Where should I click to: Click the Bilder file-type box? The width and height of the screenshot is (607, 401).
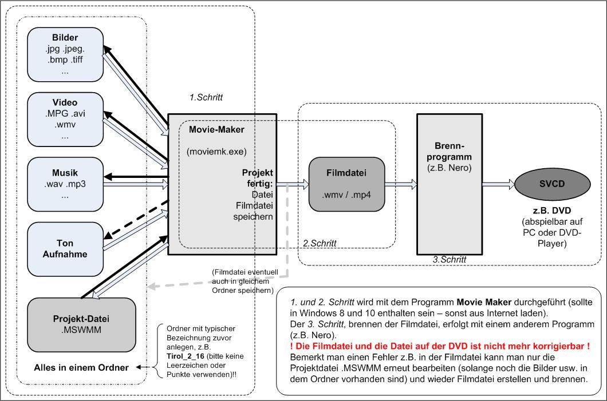coord(65,55)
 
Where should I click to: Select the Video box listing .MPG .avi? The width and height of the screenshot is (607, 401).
coord(65,120)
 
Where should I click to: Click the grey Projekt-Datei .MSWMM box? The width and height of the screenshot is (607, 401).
coord(81,324)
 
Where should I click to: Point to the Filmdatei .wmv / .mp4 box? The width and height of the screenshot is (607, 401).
coord(346,184)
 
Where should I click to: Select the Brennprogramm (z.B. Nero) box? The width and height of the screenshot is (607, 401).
coord(449,183)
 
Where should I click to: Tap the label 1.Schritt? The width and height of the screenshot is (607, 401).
coord(206,97)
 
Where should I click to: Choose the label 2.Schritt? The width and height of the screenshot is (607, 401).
coord(319,243)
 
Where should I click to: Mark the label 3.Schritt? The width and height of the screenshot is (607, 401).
coord(450,259)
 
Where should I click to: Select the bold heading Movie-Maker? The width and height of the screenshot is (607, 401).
coord(216,130)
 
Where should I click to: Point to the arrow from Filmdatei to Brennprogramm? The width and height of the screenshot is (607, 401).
coord(400,184)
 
